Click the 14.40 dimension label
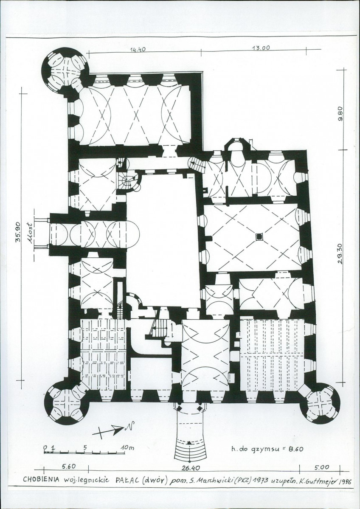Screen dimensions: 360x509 (x=138, y=50)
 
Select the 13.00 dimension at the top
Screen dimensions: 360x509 (x=261, y=48)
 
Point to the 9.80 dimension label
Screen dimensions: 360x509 (x=340, y=114)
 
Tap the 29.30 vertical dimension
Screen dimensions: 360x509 (x=340, y=253)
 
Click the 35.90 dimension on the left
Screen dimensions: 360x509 (x=18, y=232)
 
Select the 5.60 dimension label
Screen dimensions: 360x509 (x=68, y=467)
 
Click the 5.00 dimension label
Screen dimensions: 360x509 (x=322, y=467)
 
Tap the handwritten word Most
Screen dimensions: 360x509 (x=30, y=233)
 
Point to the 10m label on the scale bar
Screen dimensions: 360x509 (x=127, y=447)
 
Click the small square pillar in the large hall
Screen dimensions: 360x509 (x=259, y=236)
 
